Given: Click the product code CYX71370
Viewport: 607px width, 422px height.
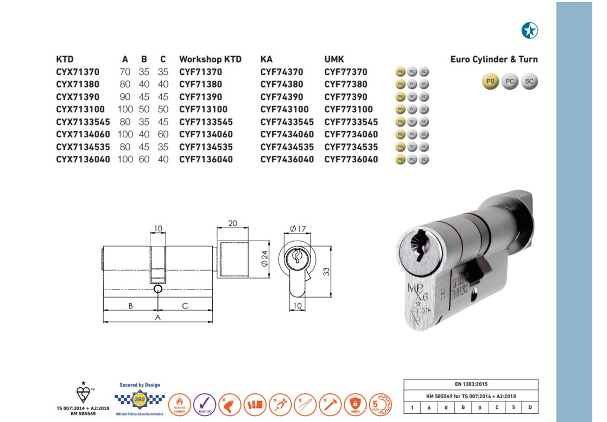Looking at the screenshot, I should (x=78, y=72).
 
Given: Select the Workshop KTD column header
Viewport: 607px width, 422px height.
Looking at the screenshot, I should (x=210, y=59).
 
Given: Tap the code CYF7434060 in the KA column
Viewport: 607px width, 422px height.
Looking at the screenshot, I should (x=287, y=134).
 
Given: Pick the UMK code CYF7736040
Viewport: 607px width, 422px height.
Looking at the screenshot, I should (x=351, y=159).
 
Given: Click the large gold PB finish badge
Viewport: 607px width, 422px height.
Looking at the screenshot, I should (x=490, y=81).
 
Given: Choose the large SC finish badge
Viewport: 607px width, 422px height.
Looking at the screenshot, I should (x=529, y=81).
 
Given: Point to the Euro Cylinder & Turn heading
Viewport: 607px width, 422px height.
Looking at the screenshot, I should (x=494, y=59).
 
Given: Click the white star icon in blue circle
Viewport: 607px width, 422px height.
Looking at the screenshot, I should (x=529, y=31).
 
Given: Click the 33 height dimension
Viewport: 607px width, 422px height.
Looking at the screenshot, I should (x=326, y=271).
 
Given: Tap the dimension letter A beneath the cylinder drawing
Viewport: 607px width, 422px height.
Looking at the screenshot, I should (x=158, y=318).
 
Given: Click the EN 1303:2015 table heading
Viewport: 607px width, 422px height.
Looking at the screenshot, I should (x=471, y=384).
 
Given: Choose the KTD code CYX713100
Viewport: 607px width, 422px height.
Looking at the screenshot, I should (x=80, y=109).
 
